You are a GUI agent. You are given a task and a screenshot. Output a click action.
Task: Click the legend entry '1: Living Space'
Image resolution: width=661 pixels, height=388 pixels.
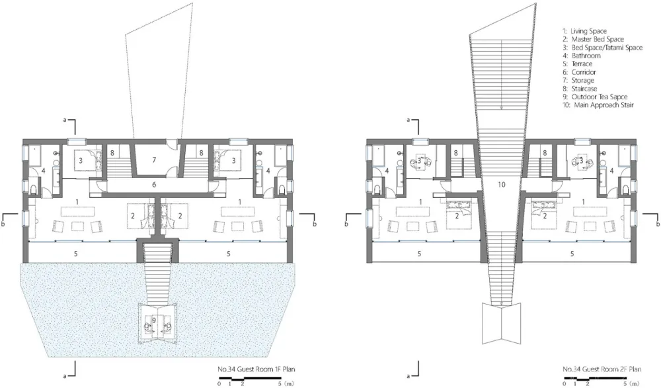pyautogui.click(x=584, y=31)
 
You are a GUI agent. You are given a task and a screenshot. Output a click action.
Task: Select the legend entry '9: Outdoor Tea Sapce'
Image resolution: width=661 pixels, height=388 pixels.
pyautogui.click(x=595, y=97)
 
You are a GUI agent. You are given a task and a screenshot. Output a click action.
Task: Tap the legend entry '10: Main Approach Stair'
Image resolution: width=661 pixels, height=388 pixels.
pyautogui.click(x=598, y=105)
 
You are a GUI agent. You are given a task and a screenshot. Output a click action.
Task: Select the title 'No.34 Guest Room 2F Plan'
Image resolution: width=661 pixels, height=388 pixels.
pyautogui.click(x=602, y=369)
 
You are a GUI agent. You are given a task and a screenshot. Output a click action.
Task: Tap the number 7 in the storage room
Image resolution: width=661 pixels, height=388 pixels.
pyautogui.click(x=154, y=160)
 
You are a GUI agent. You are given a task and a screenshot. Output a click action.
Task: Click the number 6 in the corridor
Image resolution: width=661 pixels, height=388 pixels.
pyautogui.click(x=154, y=185)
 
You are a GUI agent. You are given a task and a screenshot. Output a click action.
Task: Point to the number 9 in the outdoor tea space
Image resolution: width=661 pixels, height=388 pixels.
pyautogui.click(x=154, y=320)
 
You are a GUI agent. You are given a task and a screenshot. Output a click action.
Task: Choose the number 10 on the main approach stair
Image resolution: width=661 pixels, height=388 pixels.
pyautogui.click(x=501, y=185)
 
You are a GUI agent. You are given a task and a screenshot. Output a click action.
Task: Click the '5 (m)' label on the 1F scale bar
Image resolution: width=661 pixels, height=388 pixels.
pyautogui.click(x=286, y=383)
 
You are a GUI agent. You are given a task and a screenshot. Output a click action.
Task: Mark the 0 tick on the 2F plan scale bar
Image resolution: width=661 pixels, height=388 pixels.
pyautogui.click(x=564, y=383)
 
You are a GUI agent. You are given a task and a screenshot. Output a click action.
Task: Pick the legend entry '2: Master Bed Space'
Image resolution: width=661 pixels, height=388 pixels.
pyautogui.click(x=593, y=39)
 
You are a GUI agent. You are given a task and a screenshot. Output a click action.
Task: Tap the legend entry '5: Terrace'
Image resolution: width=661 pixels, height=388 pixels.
pyautogui.click(x=577, y=64)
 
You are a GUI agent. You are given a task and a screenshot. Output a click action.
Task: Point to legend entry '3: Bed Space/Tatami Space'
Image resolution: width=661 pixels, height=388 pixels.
pyautogui.click(x=602, y=47)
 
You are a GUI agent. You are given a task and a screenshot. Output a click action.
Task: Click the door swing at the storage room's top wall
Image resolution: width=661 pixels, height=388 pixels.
pyautogui.click(x=171, y=143)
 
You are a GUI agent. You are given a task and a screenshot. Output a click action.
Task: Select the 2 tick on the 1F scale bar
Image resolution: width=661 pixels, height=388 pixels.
pyautogui.click(x=243, y=383)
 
